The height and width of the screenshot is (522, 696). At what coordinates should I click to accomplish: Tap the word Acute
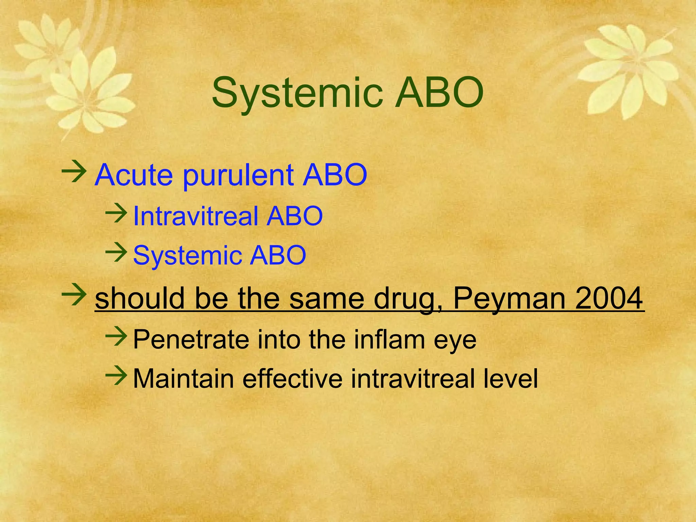[x=133, y=175]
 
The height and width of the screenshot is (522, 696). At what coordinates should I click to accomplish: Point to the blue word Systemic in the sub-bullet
[x=188, y=255]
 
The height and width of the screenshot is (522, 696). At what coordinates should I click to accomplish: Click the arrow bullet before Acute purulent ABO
[x=74, y=172]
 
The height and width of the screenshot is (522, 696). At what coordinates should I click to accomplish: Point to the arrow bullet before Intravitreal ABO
[x=116, y=213]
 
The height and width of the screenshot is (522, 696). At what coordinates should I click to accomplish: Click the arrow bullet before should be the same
[x=74, y=294]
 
